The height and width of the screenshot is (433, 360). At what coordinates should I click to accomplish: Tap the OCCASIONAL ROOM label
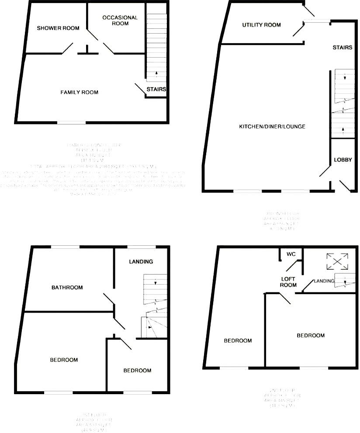tap(120, 21)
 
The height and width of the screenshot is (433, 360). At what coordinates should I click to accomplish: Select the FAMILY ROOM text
tap(79, 92)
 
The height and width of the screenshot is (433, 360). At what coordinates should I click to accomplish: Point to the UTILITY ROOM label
tap(261, 25)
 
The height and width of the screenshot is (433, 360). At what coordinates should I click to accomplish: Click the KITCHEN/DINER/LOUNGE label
tap(272, 127)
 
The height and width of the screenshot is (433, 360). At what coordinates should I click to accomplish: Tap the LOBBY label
tap(343, 160)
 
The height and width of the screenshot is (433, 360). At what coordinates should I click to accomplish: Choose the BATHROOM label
tap(67, 287)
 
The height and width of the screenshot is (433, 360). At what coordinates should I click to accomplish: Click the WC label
tap(291, 254)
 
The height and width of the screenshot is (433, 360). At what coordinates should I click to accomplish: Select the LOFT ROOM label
tap(288, 282)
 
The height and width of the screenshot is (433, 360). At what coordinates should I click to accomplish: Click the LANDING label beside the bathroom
tap(141, 261)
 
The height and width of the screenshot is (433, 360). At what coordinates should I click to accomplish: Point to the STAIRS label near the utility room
tap(342, 47)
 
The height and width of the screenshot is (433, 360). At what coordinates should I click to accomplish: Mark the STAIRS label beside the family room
tap(156, 89)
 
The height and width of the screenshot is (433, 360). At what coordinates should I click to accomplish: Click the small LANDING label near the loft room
tap(324, 281)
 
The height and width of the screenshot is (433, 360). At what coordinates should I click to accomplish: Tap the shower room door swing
tap(68, 48)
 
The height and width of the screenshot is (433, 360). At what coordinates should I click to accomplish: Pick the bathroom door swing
tap(109, 300)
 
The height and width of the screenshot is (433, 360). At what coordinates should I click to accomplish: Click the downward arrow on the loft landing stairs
tap(345, 282)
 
